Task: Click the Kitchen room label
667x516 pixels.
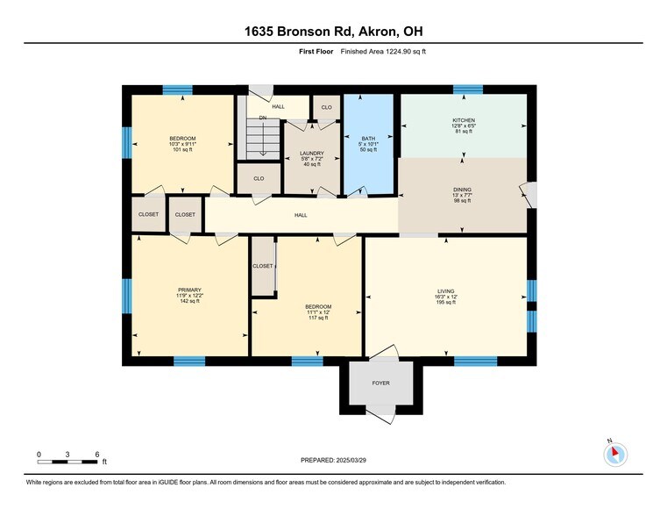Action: click(x=464, y=120)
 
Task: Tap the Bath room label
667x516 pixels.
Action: click(x=368, y=139)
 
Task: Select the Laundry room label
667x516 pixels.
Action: click(x=312, y=154)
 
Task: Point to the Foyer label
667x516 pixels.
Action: click(x=380, y=383)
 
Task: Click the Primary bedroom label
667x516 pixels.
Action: click(x=189, y=290)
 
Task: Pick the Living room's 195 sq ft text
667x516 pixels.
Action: click(x=446, y=302)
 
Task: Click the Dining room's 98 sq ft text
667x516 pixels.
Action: click(x=463, y=201)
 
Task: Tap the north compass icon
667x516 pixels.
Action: click(x=615, y=455)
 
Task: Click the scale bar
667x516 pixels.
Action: click(x=67, y=462)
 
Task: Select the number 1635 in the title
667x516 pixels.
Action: click(x=259, y=32)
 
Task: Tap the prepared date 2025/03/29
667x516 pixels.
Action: click(x=351, y=460)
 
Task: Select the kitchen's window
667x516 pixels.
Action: click(x=468, y=90)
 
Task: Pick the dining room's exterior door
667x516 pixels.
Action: click(x=529, y=195)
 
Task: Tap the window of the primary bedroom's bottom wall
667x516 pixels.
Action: click(x=189, y=361)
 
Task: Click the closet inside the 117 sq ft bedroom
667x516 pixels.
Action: click(x=263, y=266)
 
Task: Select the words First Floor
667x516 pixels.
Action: click(x=316, y=52)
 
